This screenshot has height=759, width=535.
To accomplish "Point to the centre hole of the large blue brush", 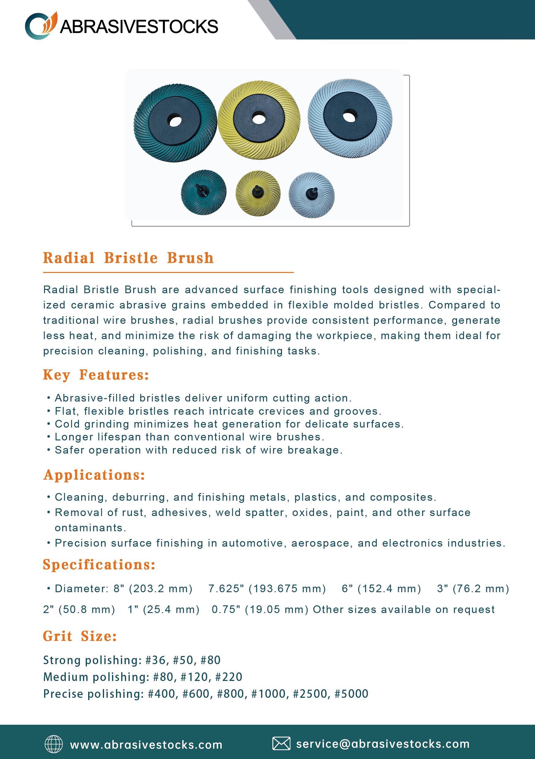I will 348,116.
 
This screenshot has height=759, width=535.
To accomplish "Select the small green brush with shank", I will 203,193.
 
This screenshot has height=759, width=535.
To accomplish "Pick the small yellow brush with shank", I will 258,193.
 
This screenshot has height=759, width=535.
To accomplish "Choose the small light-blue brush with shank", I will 312,195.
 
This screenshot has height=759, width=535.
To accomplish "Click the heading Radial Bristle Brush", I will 128,258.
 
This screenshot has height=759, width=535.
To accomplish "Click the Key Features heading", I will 96,375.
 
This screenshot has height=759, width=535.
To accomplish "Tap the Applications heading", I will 94,475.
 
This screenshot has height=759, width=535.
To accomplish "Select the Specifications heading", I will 99,565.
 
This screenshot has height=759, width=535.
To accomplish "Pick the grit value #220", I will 229,677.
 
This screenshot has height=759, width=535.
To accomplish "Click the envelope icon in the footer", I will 281,744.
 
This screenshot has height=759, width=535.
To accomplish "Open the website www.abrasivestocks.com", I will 146,745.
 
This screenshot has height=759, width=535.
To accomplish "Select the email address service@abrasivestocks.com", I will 383,744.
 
